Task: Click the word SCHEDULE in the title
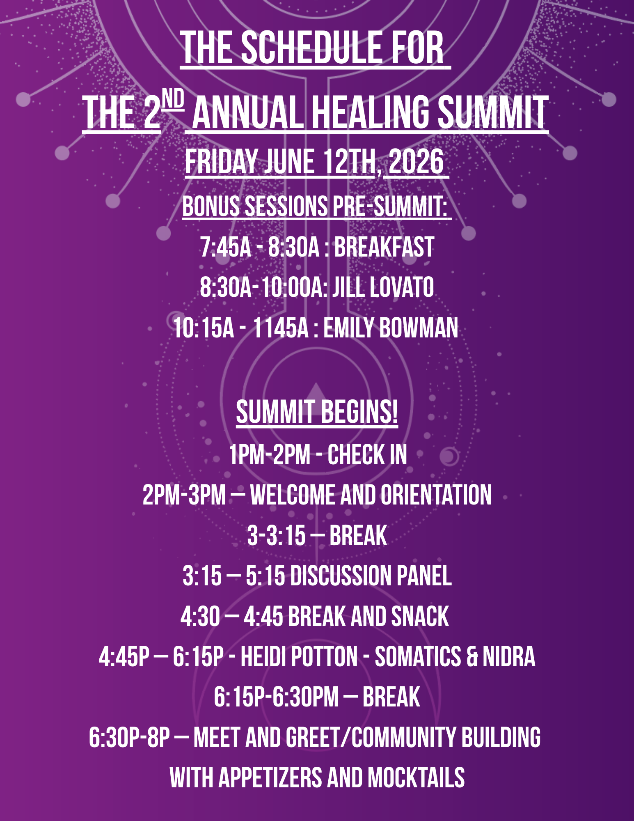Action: [311, 48]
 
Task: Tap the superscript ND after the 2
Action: [173, 100]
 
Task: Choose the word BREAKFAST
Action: [384, 247]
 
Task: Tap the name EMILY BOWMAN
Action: [391, 328]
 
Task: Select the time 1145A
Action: [281, 328]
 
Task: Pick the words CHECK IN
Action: [367, 455]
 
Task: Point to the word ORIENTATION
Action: [436, 495]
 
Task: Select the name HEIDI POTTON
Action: [299, 656]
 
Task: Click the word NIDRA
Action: [509, 656]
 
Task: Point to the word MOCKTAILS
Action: [416, 777]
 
